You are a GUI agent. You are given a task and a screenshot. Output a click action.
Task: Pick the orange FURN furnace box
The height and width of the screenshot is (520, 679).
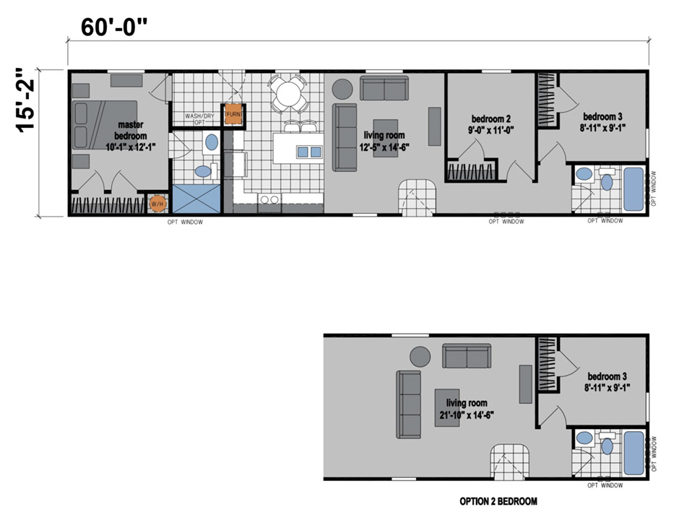coord(233,114)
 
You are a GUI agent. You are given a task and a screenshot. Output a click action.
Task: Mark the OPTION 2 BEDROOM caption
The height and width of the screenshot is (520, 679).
coord(498,500)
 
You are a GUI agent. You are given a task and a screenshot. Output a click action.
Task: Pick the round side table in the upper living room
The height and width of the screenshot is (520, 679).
coord(342,89)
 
